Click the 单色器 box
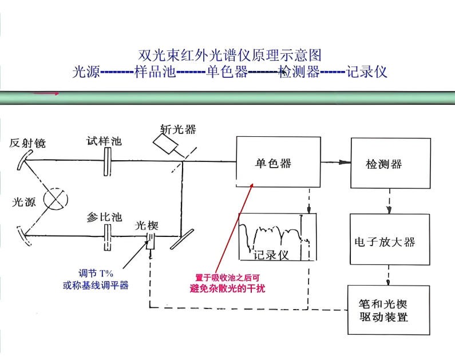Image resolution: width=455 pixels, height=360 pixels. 278,163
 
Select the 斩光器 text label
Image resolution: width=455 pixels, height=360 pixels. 178,129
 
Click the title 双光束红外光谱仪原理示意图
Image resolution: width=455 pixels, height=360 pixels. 230,56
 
